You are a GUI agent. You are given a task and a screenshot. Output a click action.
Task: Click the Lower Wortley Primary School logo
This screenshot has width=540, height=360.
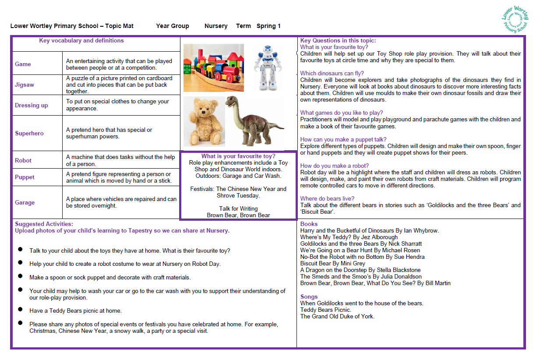pos(515,18)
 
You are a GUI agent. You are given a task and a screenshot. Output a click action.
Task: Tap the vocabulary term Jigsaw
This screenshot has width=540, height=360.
pos(25,85)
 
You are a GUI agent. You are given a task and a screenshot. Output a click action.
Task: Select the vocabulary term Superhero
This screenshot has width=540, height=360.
pos(29,133)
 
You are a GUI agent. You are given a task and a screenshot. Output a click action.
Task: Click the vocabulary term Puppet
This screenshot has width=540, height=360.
pos(25,177)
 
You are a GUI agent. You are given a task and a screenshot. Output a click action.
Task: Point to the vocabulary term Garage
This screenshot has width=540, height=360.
pos(25,202)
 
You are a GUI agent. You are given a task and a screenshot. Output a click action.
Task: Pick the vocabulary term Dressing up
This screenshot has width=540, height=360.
pos(32,105)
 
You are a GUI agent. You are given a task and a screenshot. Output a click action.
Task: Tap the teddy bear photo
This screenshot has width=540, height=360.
pos(204,121)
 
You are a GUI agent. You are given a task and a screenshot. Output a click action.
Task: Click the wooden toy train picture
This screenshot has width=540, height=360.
pos(213,68)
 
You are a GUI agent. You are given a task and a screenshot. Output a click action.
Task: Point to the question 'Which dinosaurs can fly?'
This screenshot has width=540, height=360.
pos(332,74)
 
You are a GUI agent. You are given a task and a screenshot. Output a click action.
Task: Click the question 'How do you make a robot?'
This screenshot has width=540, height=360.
pos(335,166)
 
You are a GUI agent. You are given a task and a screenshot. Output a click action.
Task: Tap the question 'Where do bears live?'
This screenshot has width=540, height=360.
pos(327,198)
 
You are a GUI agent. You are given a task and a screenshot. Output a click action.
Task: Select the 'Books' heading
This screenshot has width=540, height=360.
pos(309,224)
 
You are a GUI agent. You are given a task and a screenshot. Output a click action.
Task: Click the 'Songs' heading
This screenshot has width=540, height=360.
pos(309,296)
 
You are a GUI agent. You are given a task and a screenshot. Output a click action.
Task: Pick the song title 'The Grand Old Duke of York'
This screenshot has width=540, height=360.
pos(337,316)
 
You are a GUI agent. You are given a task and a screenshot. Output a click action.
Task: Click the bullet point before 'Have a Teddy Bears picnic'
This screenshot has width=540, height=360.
pos(20,310)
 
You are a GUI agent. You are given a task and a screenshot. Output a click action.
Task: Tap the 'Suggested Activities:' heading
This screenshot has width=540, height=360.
pos(44,224)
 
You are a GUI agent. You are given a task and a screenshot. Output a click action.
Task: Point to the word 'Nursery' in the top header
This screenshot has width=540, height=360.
pos(216,26)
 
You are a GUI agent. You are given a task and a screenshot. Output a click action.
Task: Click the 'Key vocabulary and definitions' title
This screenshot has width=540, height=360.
pos(81,40)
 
